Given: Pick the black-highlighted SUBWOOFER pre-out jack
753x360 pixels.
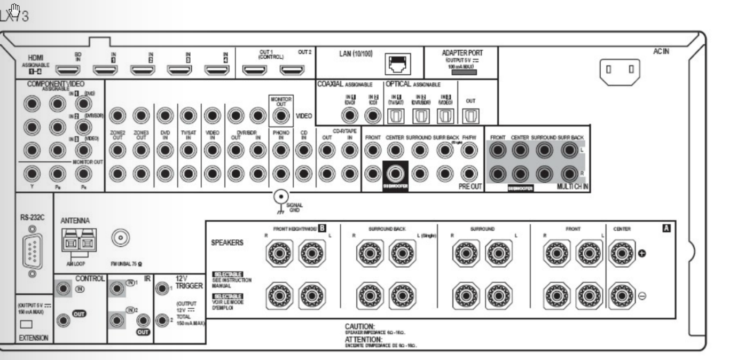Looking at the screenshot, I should click(x=395, y=173).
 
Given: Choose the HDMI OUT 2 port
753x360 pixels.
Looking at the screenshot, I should click(x=292, y=69).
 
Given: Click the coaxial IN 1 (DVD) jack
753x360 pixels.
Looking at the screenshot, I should click(x=350, y=114).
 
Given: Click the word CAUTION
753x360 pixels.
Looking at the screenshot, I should click(x=359, y=326).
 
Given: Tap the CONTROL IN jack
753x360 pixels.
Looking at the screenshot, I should click(x=65, y=289).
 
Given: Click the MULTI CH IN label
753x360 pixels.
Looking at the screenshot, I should click(x=572, y=186).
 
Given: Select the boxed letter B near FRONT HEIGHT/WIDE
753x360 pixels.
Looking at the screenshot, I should click(x=322, y=229).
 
